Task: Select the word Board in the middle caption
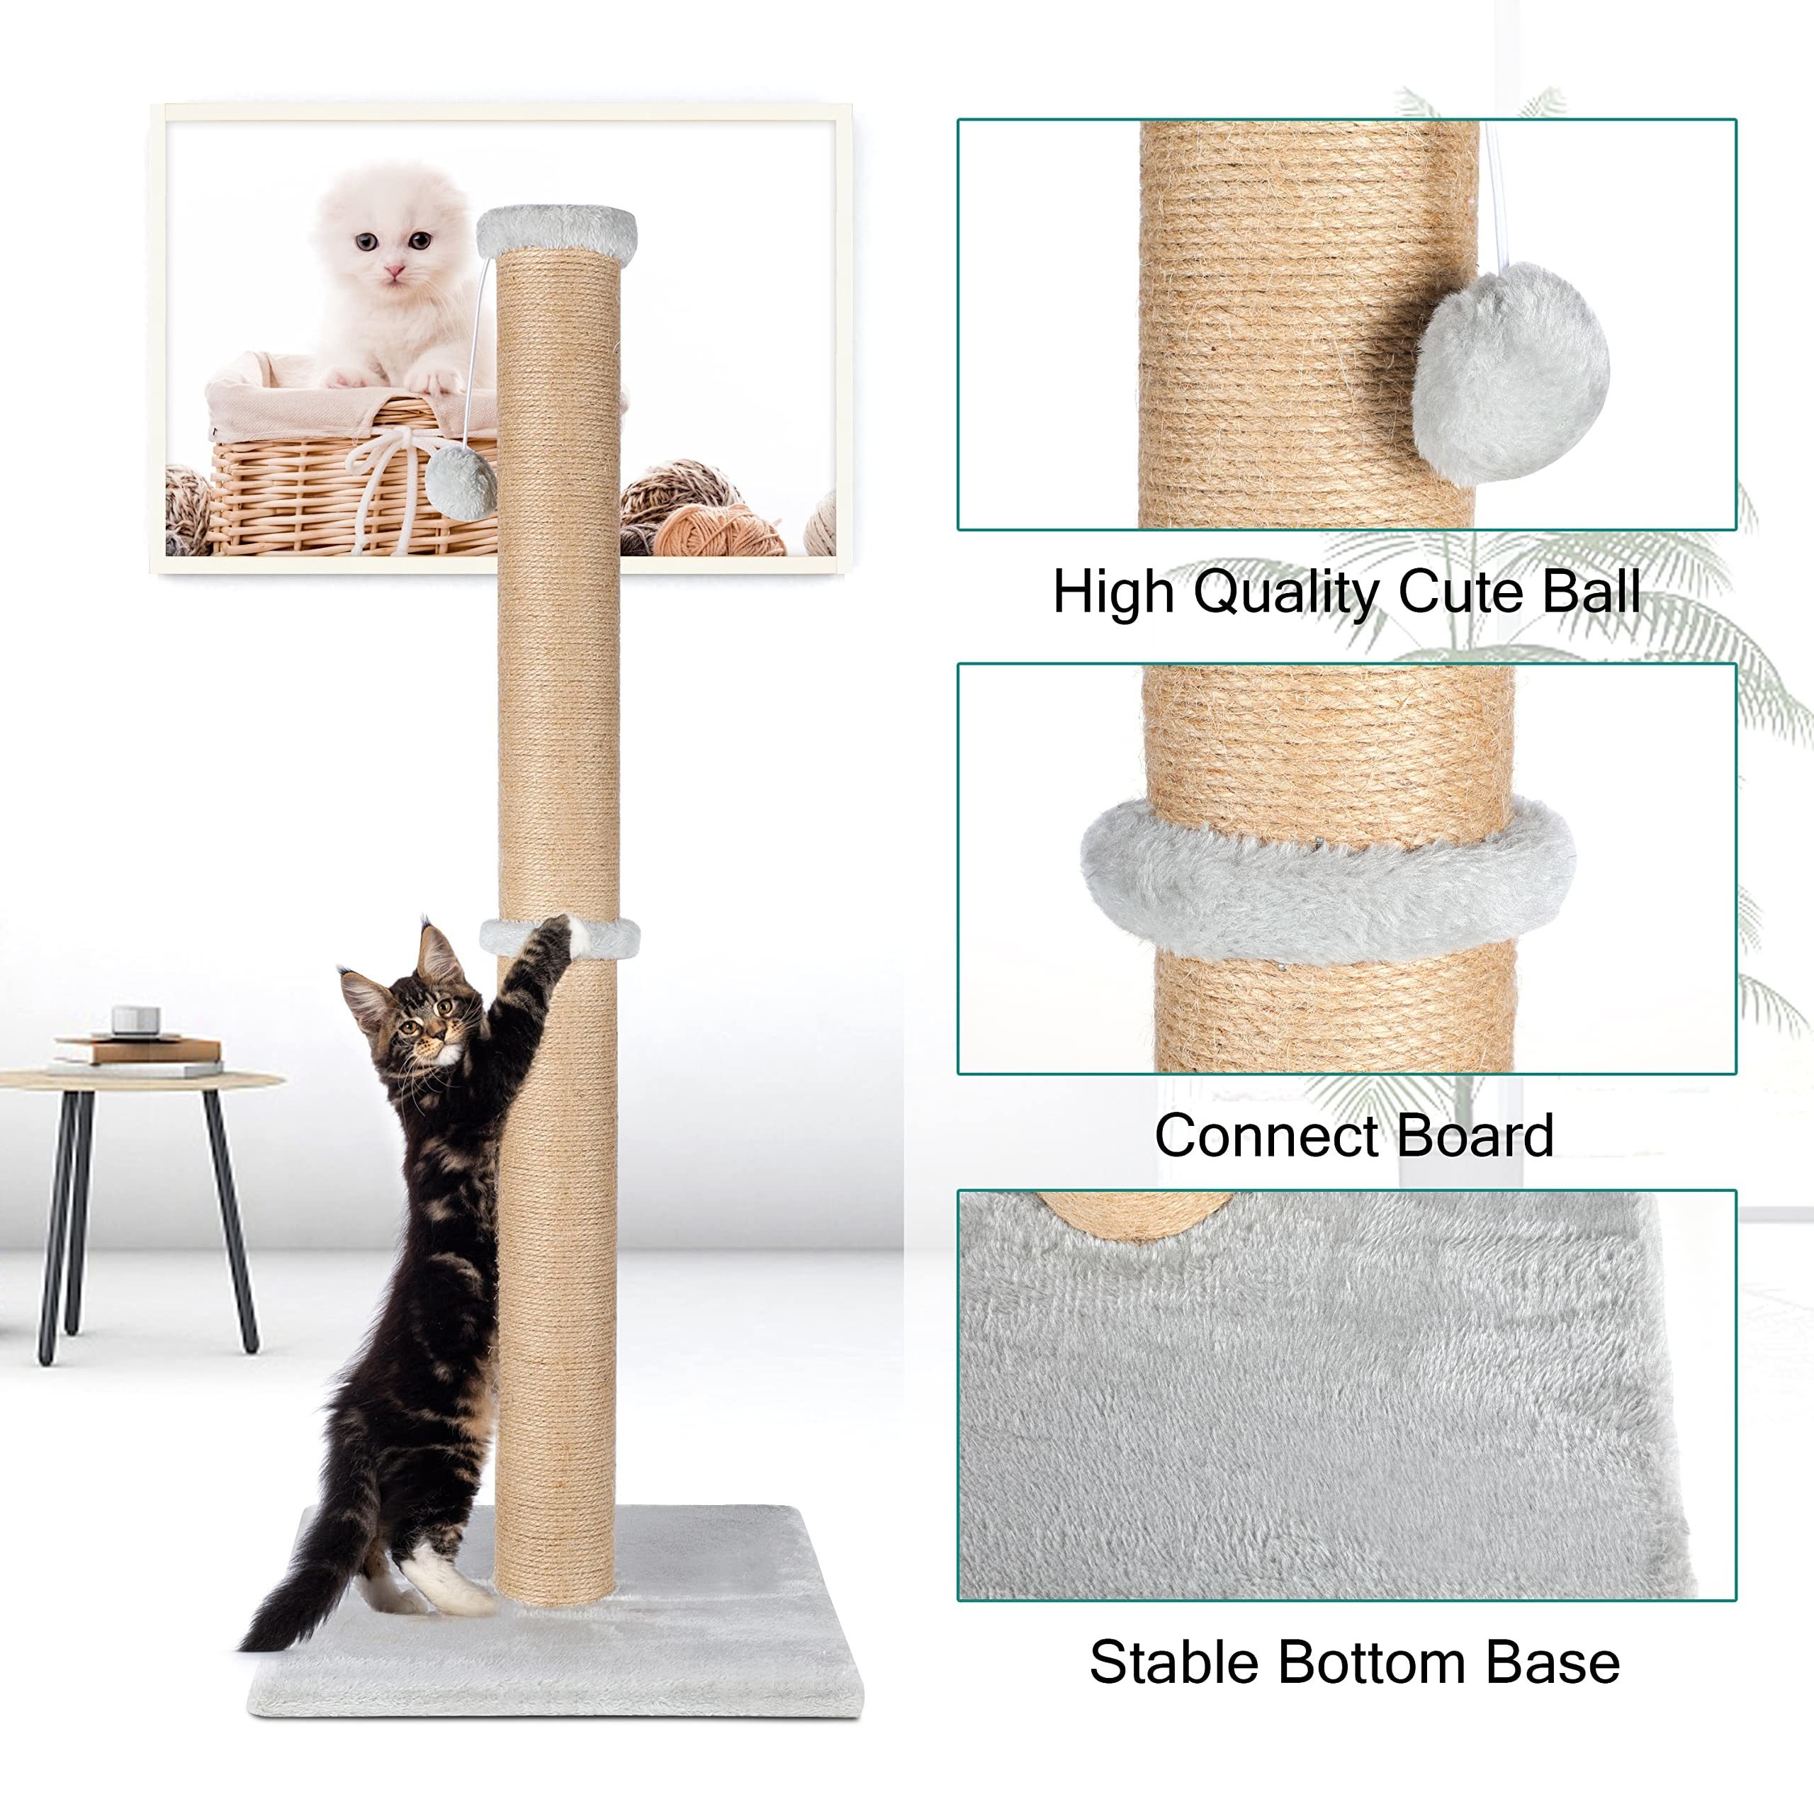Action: point(1461,1136)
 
